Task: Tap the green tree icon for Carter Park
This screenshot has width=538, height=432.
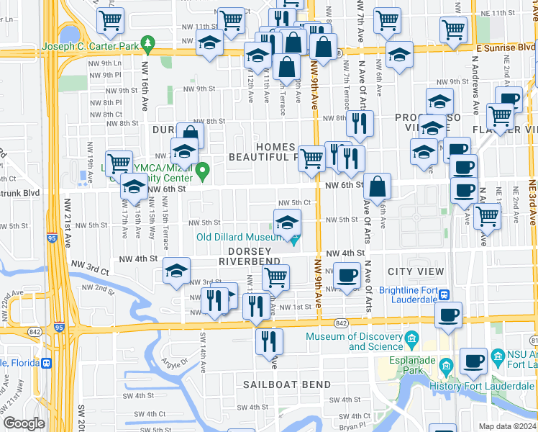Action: click(147, 43)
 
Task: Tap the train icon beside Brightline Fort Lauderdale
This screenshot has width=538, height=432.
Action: click(445, 294)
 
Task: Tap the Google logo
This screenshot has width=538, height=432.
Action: click(24, 423)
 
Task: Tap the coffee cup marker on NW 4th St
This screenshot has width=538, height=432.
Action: click(347, 275)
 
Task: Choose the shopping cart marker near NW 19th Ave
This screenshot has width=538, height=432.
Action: click(119, 163)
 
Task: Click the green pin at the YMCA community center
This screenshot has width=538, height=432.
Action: click(203, 171)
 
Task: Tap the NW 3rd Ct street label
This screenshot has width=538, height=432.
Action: click(94, 270)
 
